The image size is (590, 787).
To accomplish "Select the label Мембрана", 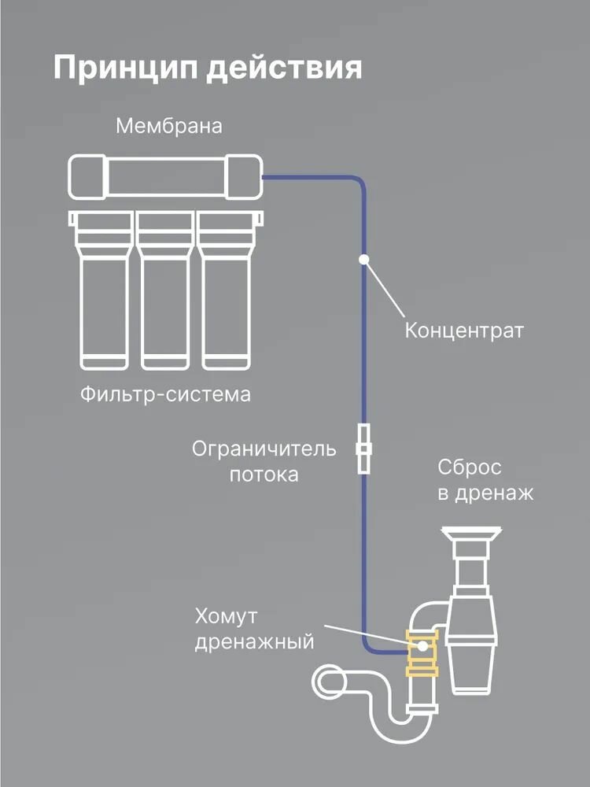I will pyautogui.click(x=168, y=126).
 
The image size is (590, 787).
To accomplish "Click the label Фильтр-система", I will pyautogui.click(x=165, y=393).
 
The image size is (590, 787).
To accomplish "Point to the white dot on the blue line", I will pyautogui.click(x=364, y=259).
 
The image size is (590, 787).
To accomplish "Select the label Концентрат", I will pyautogui.click(x=463, y=329).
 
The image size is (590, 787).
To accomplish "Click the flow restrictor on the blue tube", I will pyautogui.click(x=364, y=449).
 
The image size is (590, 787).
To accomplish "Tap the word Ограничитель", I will pyautogui.click(x=264, y=449).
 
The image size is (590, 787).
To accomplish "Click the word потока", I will pyautogui.click(x=264, y=475).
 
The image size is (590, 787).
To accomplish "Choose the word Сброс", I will pyautogui.click(x=470, y=467).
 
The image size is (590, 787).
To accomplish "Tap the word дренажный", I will pyautogui.click(x=254, y=642).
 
